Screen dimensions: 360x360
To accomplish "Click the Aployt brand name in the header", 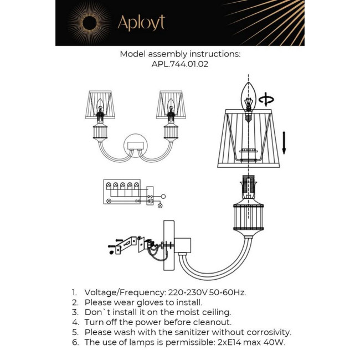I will pos(141,23).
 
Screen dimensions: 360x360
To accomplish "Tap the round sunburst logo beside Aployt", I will pos(89,23).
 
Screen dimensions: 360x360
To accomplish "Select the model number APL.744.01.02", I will pos(180,64).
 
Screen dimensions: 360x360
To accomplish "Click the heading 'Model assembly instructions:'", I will pos(180,54).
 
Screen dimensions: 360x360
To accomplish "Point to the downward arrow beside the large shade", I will pos(284,142).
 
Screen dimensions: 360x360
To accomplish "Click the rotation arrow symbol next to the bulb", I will pos(267,100).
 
